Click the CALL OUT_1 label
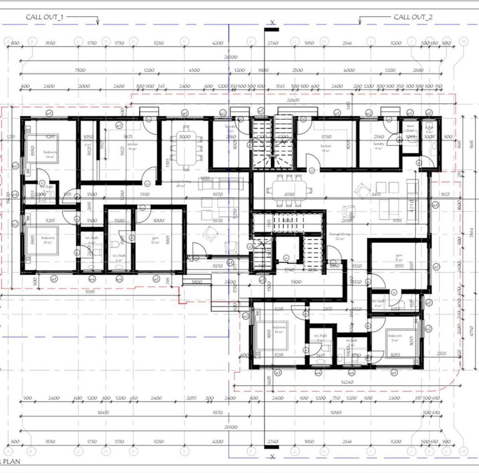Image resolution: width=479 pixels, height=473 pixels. [44, 17]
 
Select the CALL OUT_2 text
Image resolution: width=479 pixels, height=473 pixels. [413, 17]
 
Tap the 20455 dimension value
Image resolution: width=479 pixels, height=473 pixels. [293, 100]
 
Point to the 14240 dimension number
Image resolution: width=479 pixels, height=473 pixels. [347, 382]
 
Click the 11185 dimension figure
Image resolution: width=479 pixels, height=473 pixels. [90, 292]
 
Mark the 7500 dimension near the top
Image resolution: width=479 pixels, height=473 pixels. [80, 70]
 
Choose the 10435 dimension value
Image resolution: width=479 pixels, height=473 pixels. [103, 412]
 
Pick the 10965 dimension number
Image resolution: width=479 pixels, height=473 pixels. [336, 412]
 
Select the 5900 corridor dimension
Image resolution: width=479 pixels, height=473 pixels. [296, 282]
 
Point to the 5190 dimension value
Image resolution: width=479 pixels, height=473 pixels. [144, 194]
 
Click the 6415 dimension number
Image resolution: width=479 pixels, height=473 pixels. [376, 194]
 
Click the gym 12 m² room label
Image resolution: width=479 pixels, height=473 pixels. [155, 240]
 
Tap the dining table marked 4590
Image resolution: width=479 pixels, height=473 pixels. [289, 189]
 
